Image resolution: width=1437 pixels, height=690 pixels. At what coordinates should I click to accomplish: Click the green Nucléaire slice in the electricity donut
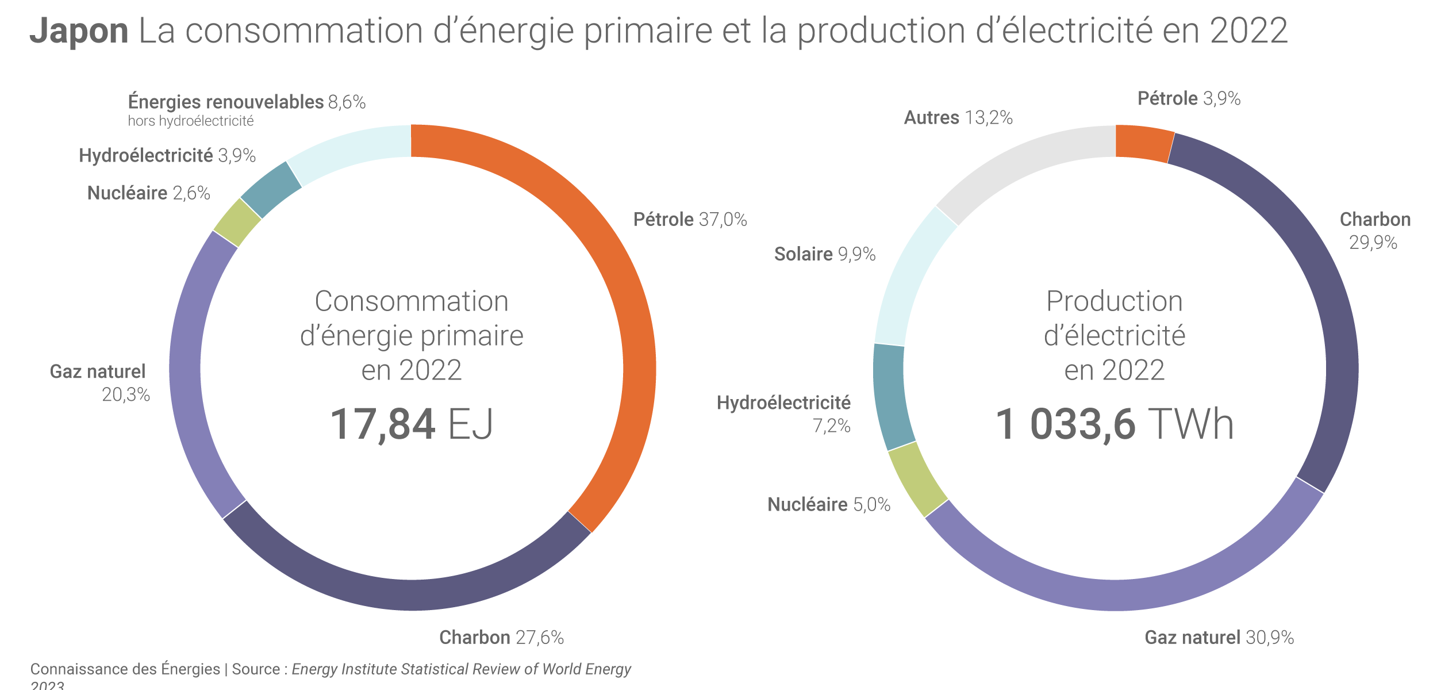917,480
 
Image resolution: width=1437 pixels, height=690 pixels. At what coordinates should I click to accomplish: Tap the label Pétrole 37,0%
690,220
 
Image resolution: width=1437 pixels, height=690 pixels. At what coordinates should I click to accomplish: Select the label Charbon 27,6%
501,638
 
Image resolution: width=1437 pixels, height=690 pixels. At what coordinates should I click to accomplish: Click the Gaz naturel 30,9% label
1219,638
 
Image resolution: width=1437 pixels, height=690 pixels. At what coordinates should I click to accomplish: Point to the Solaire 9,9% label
825,254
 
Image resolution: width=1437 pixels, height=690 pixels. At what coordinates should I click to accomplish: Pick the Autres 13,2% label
958,118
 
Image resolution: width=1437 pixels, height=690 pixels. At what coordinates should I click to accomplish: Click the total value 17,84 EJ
412,425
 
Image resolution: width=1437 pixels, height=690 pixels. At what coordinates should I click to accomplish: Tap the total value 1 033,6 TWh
1115,425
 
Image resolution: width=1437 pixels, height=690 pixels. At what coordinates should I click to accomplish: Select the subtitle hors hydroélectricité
191,121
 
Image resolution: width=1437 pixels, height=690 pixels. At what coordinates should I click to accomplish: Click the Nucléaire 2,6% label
148,193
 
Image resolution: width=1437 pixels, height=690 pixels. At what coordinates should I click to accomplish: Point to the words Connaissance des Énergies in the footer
125,669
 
